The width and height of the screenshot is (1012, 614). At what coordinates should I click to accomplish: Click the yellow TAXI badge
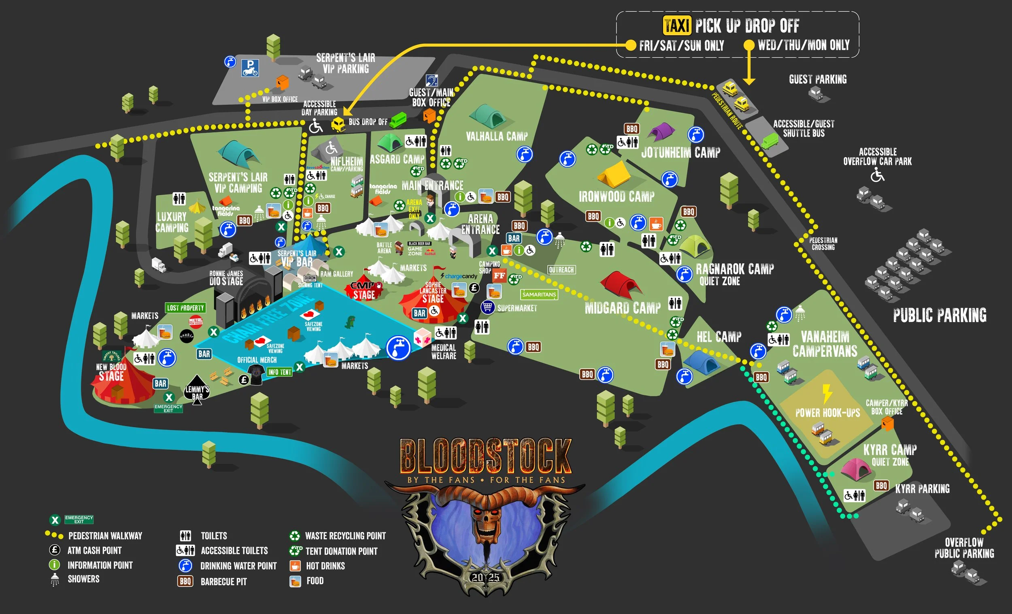677,26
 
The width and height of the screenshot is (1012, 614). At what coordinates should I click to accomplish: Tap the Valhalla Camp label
496,136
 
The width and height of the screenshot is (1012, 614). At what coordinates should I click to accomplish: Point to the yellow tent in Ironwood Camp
614,174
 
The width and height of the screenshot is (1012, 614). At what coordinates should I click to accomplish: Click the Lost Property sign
185,308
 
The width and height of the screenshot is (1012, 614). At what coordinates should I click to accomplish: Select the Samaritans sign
539,295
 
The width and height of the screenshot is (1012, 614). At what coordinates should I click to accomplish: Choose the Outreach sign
561,270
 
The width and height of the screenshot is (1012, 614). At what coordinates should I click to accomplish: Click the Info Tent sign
279,372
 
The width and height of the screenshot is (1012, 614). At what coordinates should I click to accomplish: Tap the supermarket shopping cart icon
487,307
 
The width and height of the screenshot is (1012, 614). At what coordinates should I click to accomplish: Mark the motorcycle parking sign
250,68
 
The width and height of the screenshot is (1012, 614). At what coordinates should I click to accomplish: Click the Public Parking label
939,315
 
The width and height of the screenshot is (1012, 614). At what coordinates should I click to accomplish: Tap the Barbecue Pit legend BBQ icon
185,581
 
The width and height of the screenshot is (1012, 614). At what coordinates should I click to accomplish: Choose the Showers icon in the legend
55,580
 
